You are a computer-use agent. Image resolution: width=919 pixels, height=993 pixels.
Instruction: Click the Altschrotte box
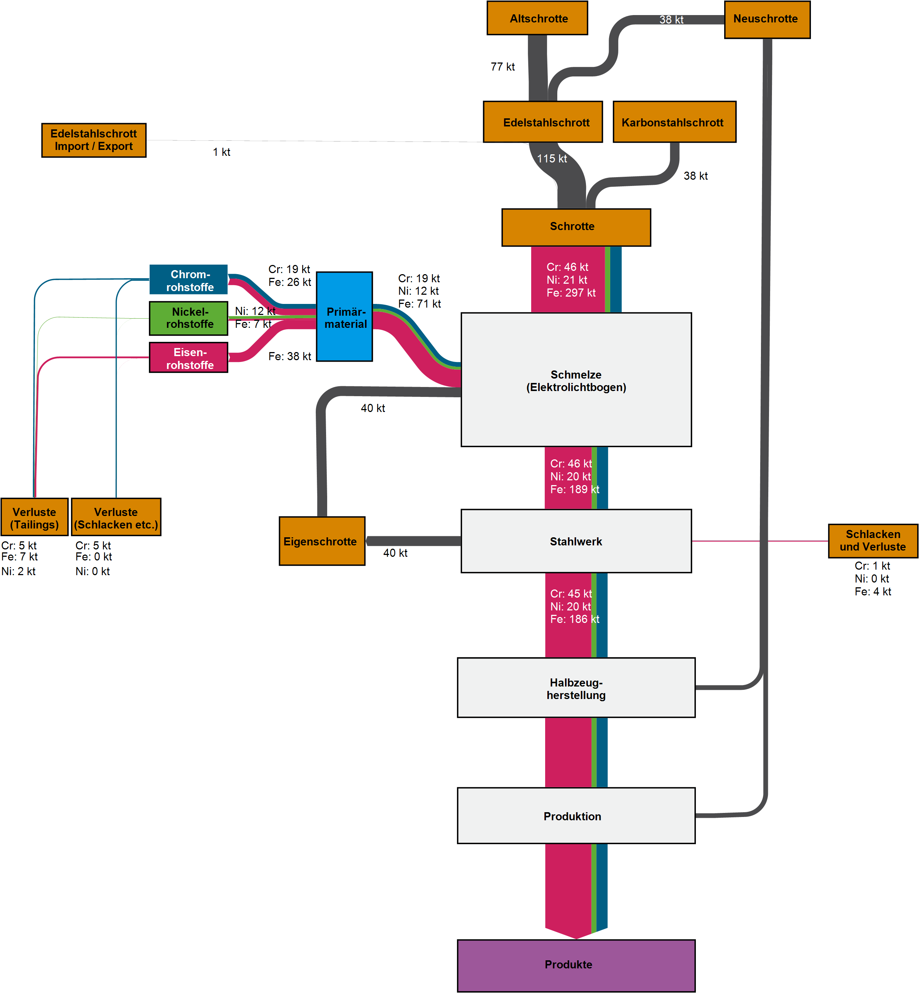(x=537, y=18)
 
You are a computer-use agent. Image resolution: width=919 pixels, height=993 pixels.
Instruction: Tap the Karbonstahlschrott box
(x=674, y=122)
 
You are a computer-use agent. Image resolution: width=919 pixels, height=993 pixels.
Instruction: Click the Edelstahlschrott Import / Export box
(x=93, y=140)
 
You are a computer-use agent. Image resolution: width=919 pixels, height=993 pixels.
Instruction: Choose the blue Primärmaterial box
(x=345, y=317)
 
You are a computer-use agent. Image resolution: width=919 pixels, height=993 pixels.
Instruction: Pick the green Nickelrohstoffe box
(x=189, y=318)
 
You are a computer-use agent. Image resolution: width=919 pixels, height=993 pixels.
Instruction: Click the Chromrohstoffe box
(x=189, y=280)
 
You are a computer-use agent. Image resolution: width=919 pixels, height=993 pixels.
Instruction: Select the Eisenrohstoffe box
(x=189, y=358)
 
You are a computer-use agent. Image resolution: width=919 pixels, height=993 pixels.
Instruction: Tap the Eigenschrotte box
(x=322, y=541)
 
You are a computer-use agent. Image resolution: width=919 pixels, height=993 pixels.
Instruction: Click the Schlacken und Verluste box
(x=873, y=541)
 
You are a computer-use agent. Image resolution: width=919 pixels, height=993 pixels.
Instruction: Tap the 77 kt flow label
(x=502, y=67)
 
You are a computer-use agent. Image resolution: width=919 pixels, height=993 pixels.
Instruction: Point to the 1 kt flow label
(x=221, y=152)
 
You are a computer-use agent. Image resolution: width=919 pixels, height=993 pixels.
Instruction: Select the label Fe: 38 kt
(x=289, y=356)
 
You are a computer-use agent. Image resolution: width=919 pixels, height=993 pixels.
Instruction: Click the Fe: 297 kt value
(x=571, y=293)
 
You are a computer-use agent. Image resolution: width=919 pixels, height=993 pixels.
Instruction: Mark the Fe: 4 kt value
(x=873, y=592)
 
